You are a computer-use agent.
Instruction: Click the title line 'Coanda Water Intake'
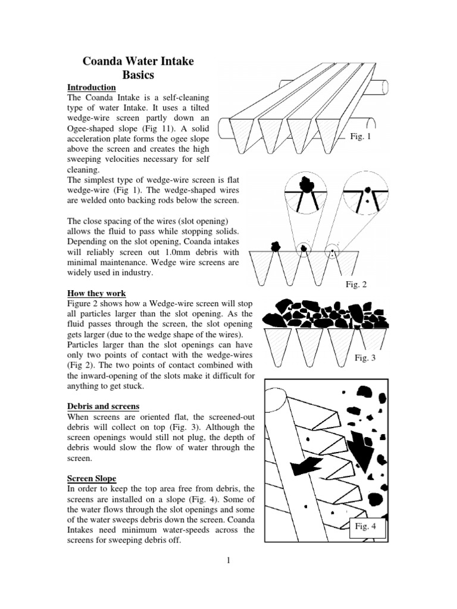137,61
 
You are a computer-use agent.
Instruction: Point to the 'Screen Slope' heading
92,478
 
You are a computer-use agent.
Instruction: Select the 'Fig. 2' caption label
356,284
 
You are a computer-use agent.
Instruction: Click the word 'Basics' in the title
138,75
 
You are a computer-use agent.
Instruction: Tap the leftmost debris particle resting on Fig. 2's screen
276,246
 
